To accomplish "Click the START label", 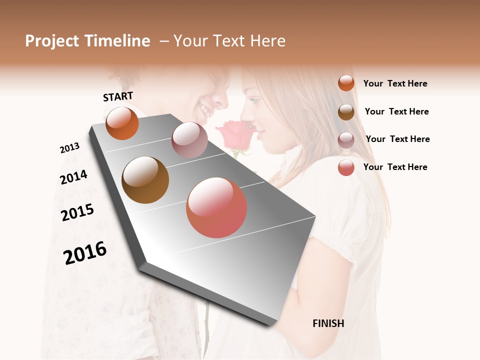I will pos(118,96).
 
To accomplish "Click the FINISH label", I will pos(328,323).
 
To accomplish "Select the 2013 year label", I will pos(69,148).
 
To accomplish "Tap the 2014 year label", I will pos(73,177).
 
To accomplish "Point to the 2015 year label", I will pos(77,212).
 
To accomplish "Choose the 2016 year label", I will pos(85,252).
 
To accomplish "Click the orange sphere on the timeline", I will pos(122,123).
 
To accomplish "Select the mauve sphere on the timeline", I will pos(189,140).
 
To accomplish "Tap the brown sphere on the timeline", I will pos(145,180).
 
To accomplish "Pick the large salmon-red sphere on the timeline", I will pos(216,207).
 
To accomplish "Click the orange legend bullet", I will pos(346,83).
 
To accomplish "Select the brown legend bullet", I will pos(346,112).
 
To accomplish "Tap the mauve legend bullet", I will pos(346,140).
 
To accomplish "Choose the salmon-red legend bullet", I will pos(346,167).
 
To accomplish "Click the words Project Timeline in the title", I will pos(87,41).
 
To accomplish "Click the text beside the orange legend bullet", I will pos(395,83).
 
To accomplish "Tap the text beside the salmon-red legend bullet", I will pos(395,167).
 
